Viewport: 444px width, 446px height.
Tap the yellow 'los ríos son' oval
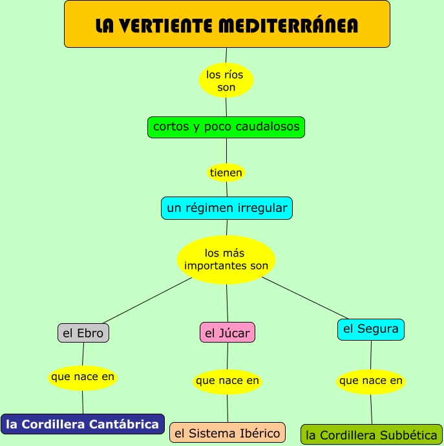pyautogui.click(x=226, y=81)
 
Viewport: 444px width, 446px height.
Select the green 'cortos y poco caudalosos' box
pyautogui.click(x=226, y=127)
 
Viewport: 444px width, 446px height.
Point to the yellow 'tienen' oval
pyautogui.click(x=226, y=173)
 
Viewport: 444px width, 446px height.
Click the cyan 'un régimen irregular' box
pyautogui.click(x=227, y=208)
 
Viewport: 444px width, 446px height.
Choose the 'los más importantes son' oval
pyautogui.click(x=226, y=259)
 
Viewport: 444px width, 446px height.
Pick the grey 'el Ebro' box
pyautogui.click(x=83, y=333)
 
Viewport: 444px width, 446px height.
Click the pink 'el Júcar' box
pyautogui.click(x=227, y=333)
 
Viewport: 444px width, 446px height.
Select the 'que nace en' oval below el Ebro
pyautogui.click(x=83, y=377)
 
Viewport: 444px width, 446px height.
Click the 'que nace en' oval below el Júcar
pyautogui.click(x=227, y=381)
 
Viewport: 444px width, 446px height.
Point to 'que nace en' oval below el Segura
pyautogui.click(x=371, y=381)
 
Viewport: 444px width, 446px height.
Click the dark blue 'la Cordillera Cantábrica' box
pyautogui.click(x=83, y=424)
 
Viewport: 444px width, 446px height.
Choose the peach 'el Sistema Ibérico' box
pyautogui.click(x=227, y=432)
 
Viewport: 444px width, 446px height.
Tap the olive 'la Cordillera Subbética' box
pyautogui.click(x=372, y=435)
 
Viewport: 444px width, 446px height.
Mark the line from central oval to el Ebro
pyautogui.click(x=147, y=301)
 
